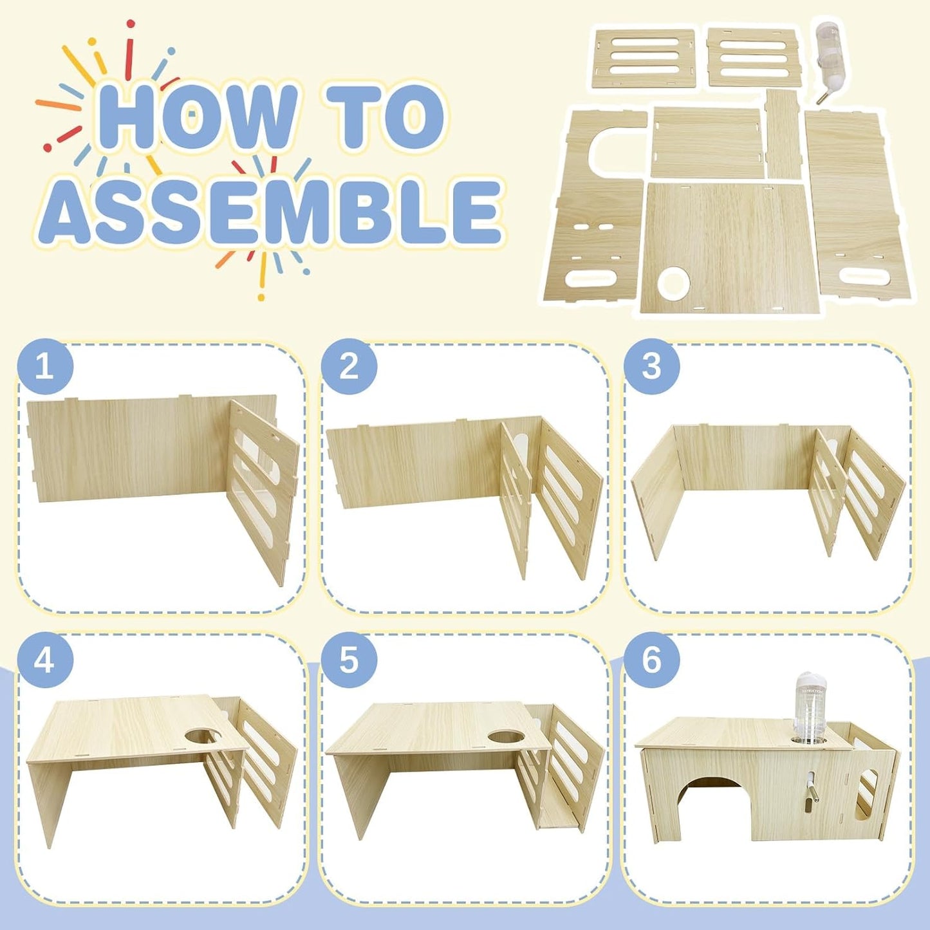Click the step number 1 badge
(45, 367)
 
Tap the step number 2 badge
(349, 367)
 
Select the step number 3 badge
(652, 367)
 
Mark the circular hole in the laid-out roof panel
(671, 284)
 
